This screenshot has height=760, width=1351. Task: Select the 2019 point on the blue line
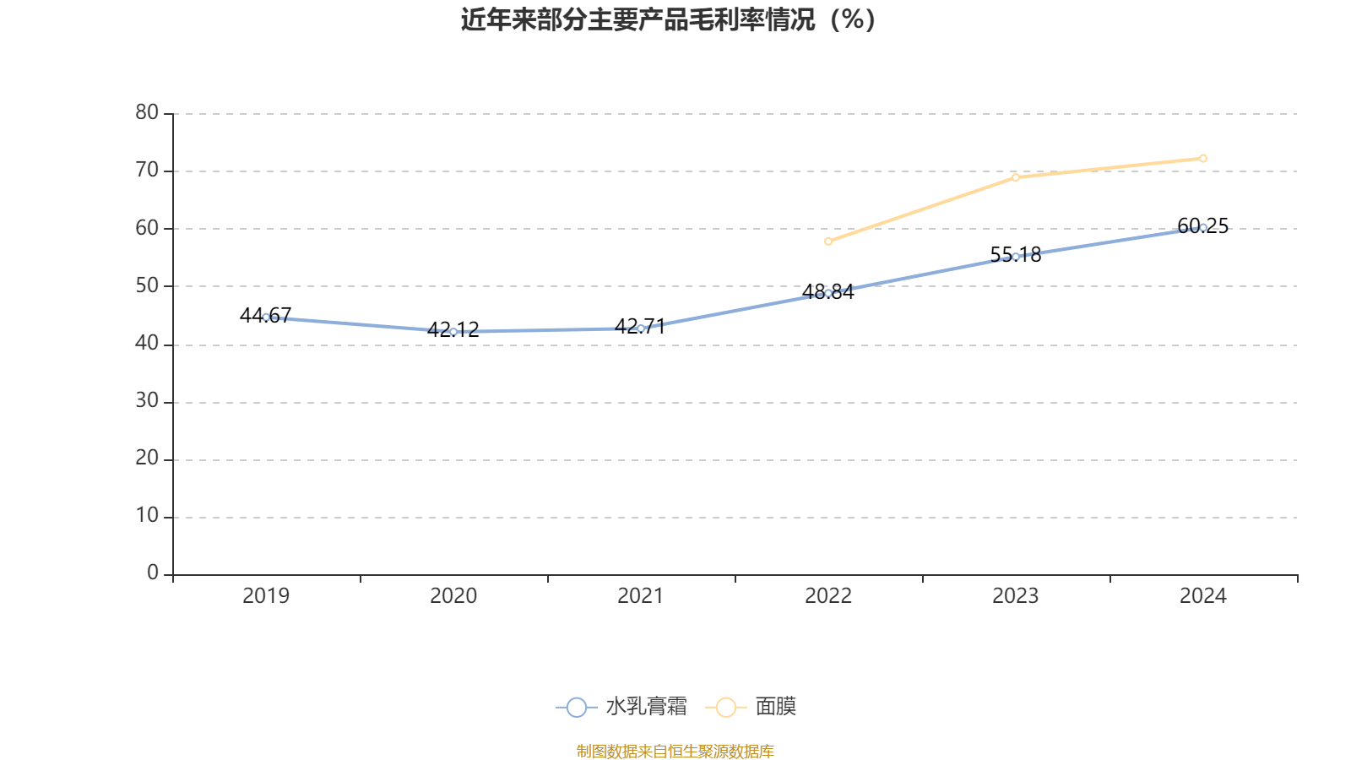266,317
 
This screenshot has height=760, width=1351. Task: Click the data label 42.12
453,329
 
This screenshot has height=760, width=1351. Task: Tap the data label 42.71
641,326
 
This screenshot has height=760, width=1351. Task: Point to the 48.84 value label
828,292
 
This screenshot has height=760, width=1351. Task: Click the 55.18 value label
1016,254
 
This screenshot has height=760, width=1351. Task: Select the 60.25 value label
1203,225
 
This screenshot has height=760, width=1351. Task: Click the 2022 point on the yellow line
828,242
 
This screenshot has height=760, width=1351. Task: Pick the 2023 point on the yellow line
1016,177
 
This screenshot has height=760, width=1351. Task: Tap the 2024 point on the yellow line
1203,159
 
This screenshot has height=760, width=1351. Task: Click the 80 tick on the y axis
147,112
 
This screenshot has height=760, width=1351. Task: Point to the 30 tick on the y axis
147,401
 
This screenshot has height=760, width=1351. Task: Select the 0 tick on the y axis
152,573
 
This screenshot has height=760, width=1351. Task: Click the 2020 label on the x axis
453,596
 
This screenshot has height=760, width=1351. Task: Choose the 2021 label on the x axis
641,596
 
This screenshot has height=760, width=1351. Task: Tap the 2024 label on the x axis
1203,596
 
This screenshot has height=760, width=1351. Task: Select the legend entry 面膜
757,707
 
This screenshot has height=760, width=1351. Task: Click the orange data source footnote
675,751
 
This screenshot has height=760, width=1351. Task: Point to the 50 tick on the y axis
147,285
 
